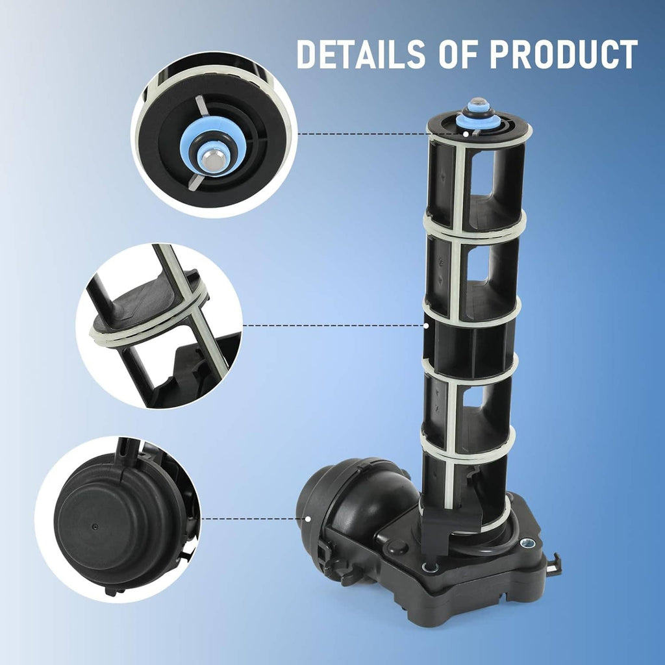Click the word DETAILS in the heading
click(x=361, y=54)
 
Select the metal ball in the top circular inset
click(x=211, y=159)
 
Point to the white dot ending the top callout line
click(x=466, y=134)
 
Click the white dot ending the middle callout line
click(x=427, y=326)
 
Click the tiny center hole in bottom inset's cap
click(x=95, y=527)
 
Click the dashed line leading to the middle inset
click(x=333, y=326)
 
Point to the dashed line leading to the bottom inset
click(x=253, y=519)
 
